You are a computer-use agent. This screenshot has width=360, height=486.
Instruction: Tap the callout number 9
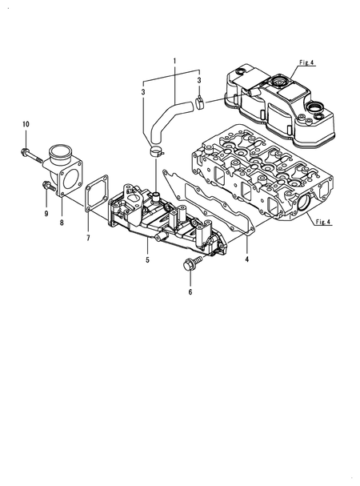(x=46, y=214)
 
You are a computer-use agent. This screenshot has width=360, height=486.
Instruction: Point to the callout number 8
(x=62, y=223)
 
